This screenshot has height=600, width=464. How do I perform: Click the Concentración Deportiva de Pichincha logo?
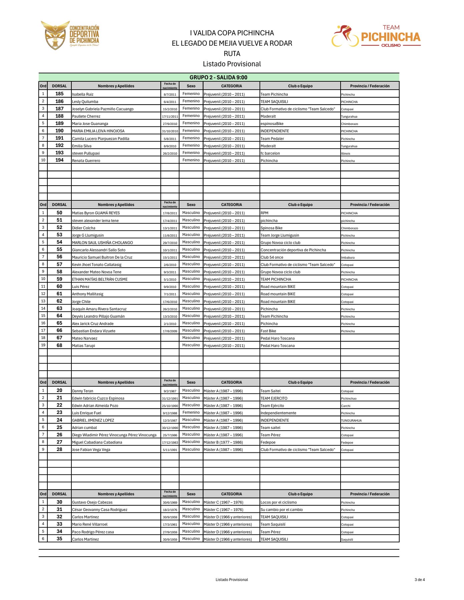(70, 36)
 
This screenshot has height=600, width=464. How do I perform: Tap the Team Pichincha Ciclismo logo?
(376, 36)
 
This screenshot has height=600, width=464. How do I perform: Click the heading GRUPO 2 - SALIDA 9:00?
(218, 77)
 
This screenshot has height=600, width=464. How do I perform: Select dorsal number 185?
(59, 94)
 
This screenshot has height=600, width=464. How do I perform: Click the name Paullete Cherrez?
(86, 116)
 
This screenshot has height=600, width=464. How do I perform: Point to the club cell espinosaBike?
(272, 124)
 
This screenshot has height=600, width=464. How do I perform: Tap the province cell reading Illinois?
(346, 154)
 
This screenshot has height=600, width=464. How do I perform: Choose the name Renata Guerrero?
(86, 161)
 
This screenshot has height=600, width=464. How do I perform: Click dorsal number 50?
(59, 213)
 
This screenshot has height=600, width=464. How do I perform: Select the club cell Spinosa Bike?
(272, 228)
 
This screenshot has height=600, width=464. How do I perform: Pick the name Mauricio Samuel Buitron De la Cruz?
(102, 257)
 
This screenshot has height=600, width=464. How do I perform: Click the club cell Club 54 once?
(272, 257)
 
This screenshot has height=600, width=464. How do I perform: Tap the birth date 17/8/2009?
(170, 331)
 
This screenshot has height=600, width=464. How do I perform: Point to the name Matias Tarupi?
(83, 346)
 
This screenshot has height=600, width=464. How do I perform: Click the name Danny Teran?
(83, 391)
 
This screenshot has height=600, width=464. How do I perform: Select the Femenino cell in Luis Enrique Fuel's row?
(191, 413)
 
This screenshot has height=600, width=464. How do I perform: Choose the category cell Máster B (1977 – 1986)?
(223, 442)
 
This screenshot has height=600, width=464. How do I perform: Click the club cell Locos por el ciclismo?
(279, 502)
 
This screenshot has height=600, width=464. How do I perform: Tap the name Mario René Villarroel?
(90, 524)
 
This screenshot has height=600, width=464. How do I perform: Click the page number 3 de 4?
(420, 580)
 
